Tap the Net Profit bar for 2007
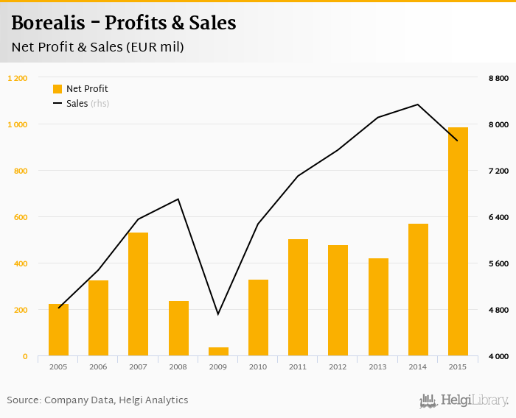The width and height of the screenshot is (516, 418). (x=139, y=294)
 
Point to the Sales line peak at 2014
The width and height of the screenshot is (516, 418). (x=418, y=104)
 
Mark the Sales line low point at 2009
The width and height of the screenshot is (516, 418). (x=218, y=314)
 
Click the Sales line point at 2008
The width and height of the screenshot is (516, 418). (x=178, y=199)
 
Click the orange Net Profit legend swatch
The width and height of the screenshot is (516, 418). (x=57, y=89)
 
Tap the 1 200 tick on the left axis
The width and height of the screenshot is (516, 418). (x=17, y=78)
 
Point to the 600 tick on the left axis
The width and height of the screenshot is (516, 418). (x=20, y=217)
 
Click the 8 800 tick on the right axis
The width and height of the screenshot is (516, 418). (x=499, y=78)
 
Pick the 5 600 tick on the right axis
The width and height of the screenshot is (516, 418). (x=499, y=263)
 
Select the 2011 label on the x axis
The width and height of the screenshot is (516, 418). (x=298, y=366)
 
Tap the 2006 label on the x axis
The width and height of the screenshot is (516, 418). (x=98, y=366)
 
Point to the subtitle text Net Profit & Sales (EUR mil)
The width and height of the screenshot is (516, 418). (x=97, y=47)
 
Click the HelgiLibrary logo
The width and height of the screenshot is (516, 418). (x=464, y=401)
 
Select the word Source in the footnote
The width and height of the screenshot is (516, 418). (x=23, y=400)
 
